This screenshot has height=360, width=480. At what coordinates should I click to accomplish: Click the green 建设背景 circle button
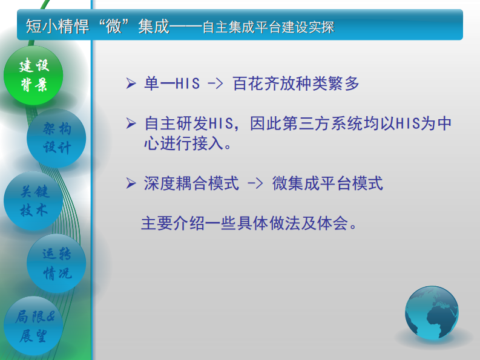[34, 75]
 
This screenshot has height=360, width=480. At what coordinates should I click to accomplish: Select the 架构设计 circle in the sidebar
[56, 138]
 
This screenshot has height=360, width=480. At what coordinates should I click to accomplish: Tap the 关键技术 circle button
[34, 201]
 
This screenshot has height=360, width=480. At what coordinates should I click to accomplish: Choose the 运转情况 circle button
[56, 264]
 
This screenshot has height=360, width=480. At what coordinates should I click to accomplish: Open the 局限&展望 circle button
[34, 327]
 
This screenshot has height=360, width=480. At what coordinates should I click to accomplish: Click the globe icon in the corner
[432, 313]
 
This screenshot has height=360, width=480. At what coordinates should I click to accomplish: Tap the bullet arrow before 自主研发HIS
[131, 124]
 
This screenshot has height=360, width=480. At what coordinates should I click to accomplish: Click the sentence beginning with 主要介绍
[248, 223]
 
